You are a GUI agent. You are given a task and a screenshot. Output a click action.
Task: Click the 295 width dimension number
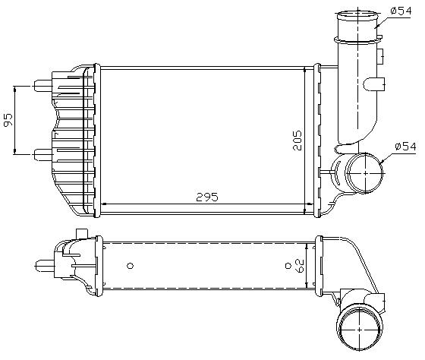pyautogui.click(x=206, y=197)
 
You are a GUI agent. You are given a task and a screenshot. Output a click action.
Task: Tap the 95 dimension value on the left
pyautogui.click(x=8, y=120)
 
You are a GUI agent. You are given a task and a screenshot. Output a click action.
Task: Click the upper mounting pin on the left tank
pyautogui.click(x=42, y=84)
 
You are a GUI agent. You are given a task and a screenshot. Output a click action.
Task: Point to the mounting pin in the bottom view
pyautogui.click(x=42, y=265)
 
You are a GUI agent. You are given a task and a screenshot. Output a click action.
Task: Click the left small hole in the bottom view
pyautogui.click(x=131, y=266)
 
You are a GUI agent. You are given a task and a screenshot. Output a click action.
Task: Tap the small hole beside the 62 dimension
pyautogui.click(x=286, y=265)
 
